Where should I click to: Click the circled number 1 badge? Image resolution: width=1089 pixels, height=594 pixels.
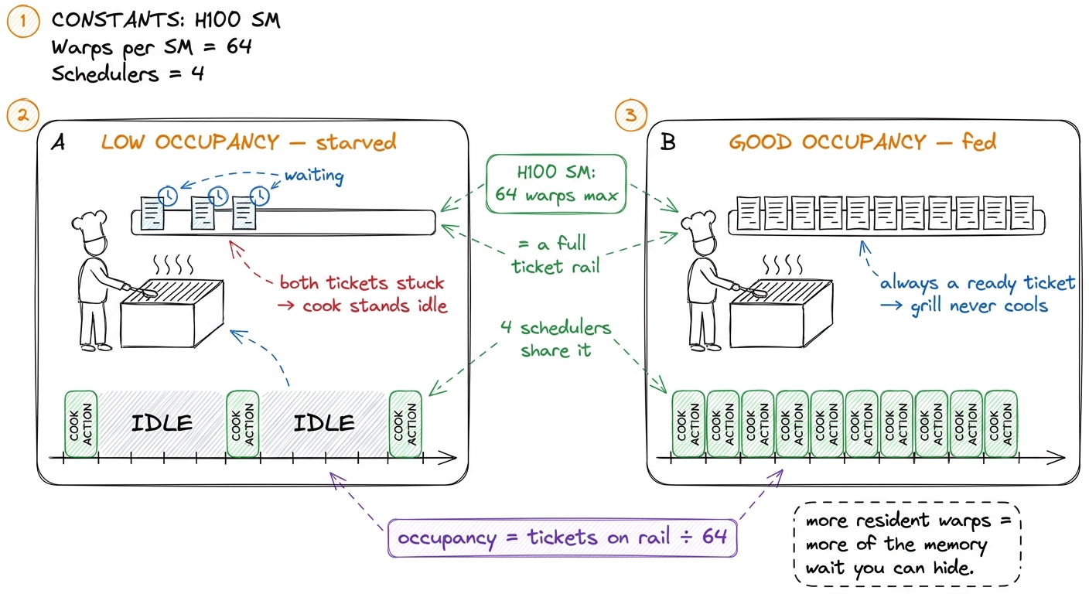[x=23, y=21]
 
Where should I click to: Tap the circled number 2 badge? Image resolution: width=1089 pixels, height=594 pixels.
[x=23, y=115]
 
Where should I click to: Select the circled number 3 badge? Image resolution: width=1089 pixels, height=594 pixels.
[x=630, y=115]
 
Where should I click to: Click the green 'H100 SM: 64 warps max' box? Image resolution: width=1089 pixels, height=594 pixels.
[x=555, y=184]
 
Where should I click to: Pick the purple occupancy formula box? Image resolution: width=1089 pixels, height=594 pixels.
[x=562, y=538]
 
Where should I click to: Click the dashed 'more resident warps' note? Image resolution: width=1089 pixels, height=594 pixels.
[x=907, y=544]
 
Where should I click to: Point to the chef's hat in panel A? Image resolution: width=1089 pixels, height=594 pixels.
[x=90, y=224]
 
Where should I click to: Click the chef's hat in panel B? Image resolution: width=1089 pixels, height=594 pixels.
[x=699, y=224]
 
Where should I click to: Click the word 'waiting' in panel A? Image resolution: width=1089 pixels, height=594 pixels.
[x=314, y=175]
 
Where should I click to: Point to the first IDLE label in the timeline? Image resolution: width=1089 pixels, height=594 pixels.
[x=162, y=423]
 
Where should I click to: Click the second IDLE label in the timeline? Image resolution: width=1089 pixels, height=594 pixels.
[x=324, y=423]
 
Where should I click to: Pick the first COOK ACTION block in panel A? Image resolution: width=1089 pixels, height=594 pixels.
[x=80, y=424]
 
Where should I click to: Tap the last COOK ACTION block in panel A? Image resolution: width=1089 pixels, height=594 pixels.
[x=405, y=424]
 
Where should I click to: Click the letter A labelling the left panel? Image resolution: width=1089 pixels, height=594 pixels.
[x=58, y=142]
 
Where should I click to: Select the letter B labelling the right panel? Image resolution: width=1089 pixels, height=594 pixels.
[x=668, y=142]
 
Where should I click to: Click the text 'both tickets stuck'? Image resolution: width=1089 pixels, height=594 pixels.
[x=362, y=283]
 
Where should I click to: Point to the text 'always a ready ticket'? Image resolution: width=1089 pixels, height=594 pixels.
[x=977, y=283]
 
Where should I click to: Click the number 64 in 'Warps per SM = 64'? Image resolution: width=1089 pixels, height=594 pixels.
[x=239, y=46]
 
